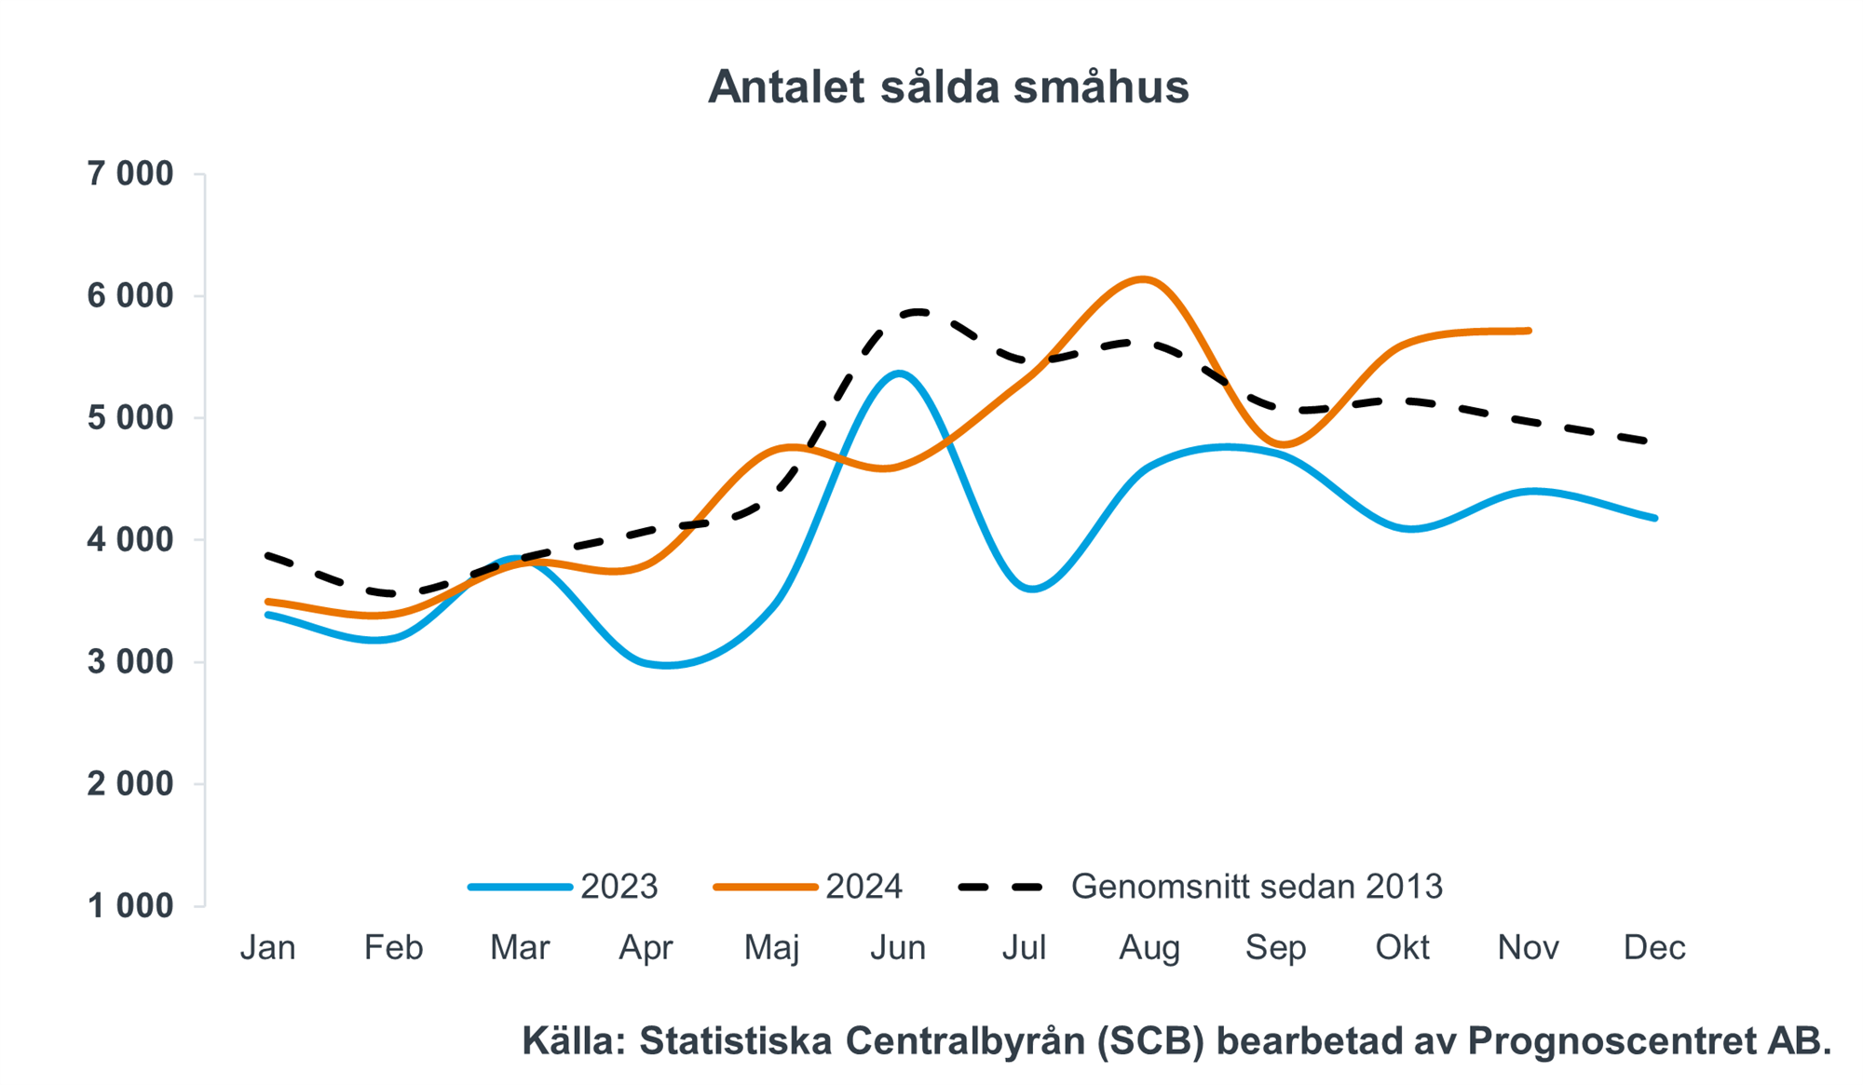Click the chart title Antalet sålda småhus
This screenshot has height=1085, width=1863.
[x=948, y=88]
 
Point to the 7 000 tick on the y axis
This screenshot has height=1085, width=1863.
[x=130, y=174]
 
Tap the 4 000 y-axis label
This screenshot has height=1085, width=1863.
[x=130, y=540]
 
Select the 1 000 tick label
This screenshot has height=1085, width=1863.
[x=130, y=905]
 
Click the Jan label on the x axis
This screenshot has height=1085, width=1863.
[x=267, y=948]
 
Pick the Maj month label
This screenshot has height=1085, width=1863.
[x=771, y=948]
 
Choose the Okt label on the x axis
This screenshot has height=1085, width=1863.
[x=1402, y=948]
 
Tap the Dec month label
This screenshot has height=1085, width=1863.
[x=1654, y=948]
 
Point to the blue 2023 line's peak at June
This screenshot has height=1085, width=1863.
[x=898, y=373]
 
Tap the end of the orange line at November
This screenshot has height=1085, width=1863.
[x=1529, y=331]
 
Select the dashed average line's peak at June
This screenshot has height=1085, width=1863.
[x=918, y=311]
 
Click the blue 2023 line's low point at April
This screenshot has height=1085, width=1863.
[x=666, y=666]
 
